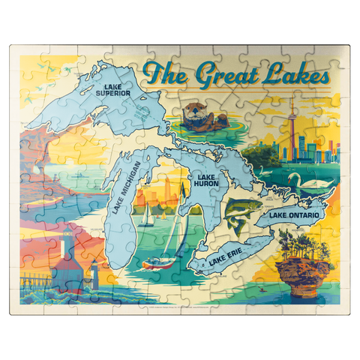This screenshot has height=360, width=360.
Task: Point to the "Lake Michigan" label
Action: (x=123, y=187)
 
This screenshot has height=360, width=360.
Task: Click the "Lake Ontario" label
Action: (x=293, y=215)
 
